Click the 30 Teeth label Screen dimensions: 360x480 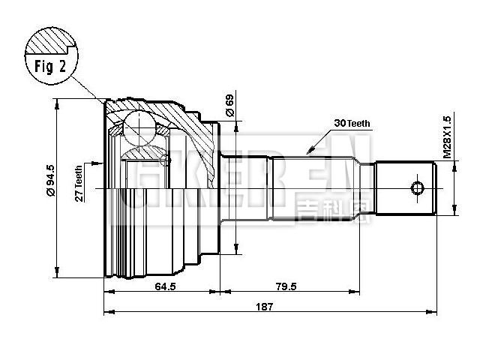(x=352, y=124)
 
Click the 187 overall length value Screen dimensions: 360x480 (x=264, y=306)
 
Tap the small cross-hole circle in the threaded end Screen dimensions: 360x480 (x=417, y=187)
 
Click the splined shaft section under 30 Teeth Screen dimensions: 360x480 (x=322, y=187)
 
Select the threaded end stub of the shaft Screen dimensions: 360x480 (x=405, y=187)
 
